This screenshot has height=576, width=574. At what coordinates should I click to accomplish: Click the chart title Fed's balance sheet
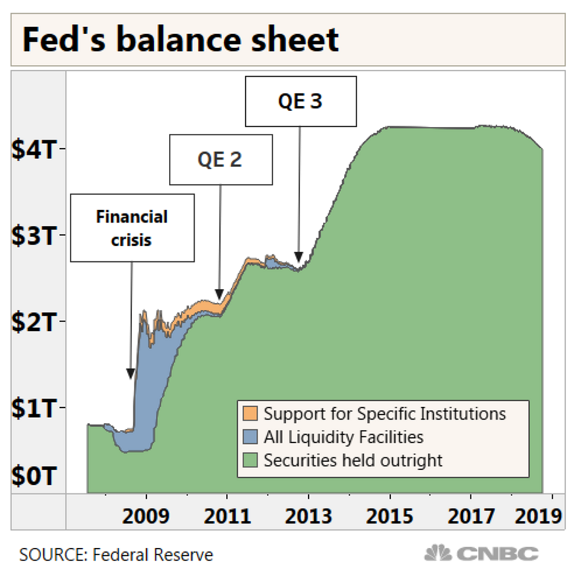pyautogui.click(x=180, y=40)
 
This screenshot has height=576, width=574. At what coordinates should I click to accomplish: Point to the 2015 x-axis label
pyautogui.click(x=390, y=516)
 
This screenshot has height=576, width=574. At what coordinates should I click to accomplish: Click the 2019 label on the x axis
pyautogui.click(x=539, y=516)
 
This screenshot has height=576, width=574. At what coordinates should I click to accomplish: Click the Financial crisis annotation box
pyautogui.click(x=132, y=227)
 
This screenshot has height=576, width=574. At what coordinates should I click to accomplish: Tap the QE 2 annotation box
pyautogui.click(x=221, y=159)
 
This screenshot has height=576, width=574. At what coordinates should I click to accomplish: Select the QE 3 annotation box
pyautogui.click(x=301, y=100)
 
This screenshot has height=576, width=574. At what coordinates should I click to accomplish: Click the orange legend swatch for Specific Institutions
pyautogui.click(x=251, y=413)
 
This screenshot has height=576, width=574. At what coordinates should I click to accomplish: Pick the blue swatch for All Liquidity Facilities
pyautogui.click(x=251, y=437)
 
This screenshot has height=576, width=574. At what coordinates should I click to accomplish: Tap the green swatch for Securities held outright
pyautogui.click(x=251, y=460)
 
